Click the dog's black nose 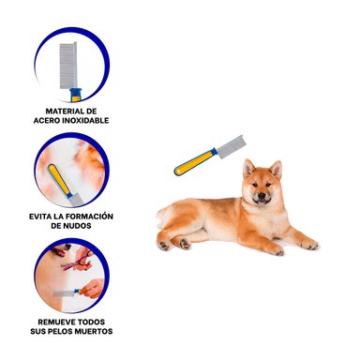[x=262, y=196]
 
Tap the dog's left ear [x=277, y=169]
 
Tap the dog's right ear [x=248, y=168]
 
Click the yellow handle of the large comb [x=195, y=162]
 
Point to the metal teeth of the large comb [x=232, y=146]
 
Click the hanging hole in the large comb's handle [x=179, y=171]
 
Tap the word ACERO [x=45, y=121]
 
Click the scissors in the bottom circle [x=77, y=262]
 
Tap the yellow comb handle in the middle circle [x=59, y=179]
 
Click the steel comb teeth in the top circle [x=68, y=67]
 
